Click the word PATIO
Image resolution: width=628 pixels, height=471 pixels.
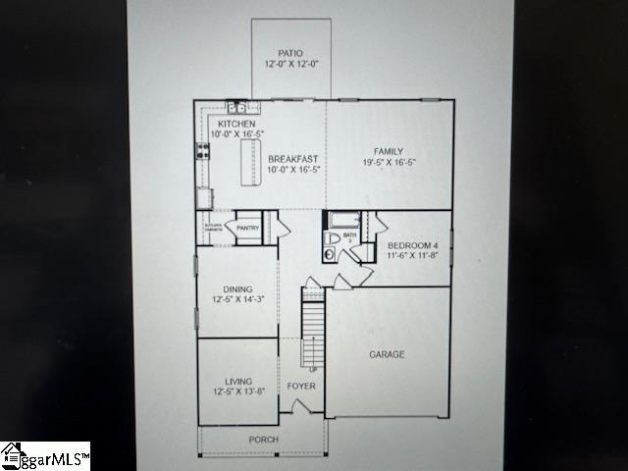pos(289,53)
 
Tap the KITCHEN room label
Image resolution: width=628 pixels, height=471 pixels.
pos(235,124)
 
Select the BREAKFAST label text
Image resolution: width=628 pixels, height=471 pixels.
pos(293,158)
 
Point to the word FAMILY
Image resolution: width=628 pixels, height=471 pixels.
pos(388,151)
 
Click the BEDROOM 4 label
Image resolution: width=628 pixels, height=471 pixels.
pos(412,244)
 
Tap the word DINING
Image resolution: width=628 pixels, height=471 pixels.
pos(237,288)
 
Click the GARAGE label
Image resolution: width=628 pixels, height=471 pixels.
pos(387,354)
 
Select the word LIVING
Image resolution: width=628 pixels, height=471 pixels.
pos(237,381)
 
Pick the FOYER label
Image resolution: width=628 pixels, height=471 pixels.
pos(300,387)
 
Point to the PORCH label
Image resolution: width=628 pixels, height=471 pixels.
pos(263,440)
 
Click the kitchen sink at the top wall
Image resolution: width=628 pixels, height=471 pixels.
pos(238,106)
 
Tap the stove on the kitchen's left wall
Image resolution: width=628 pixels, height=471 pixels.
pos(204,151)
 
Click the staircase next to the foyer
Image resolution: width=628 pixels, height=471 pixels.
pos(311,334)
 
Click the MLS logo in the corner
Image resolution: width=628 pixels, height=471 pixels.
pos(45,456)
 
